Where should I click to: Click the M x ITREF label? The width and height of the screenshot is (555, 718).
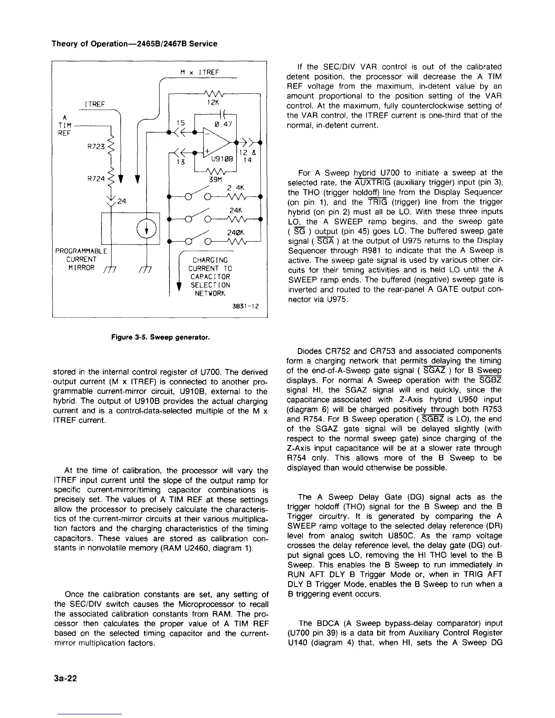(200, 72)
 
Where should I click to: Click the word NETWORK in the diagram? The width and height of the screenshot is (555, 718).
(209, 293)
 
